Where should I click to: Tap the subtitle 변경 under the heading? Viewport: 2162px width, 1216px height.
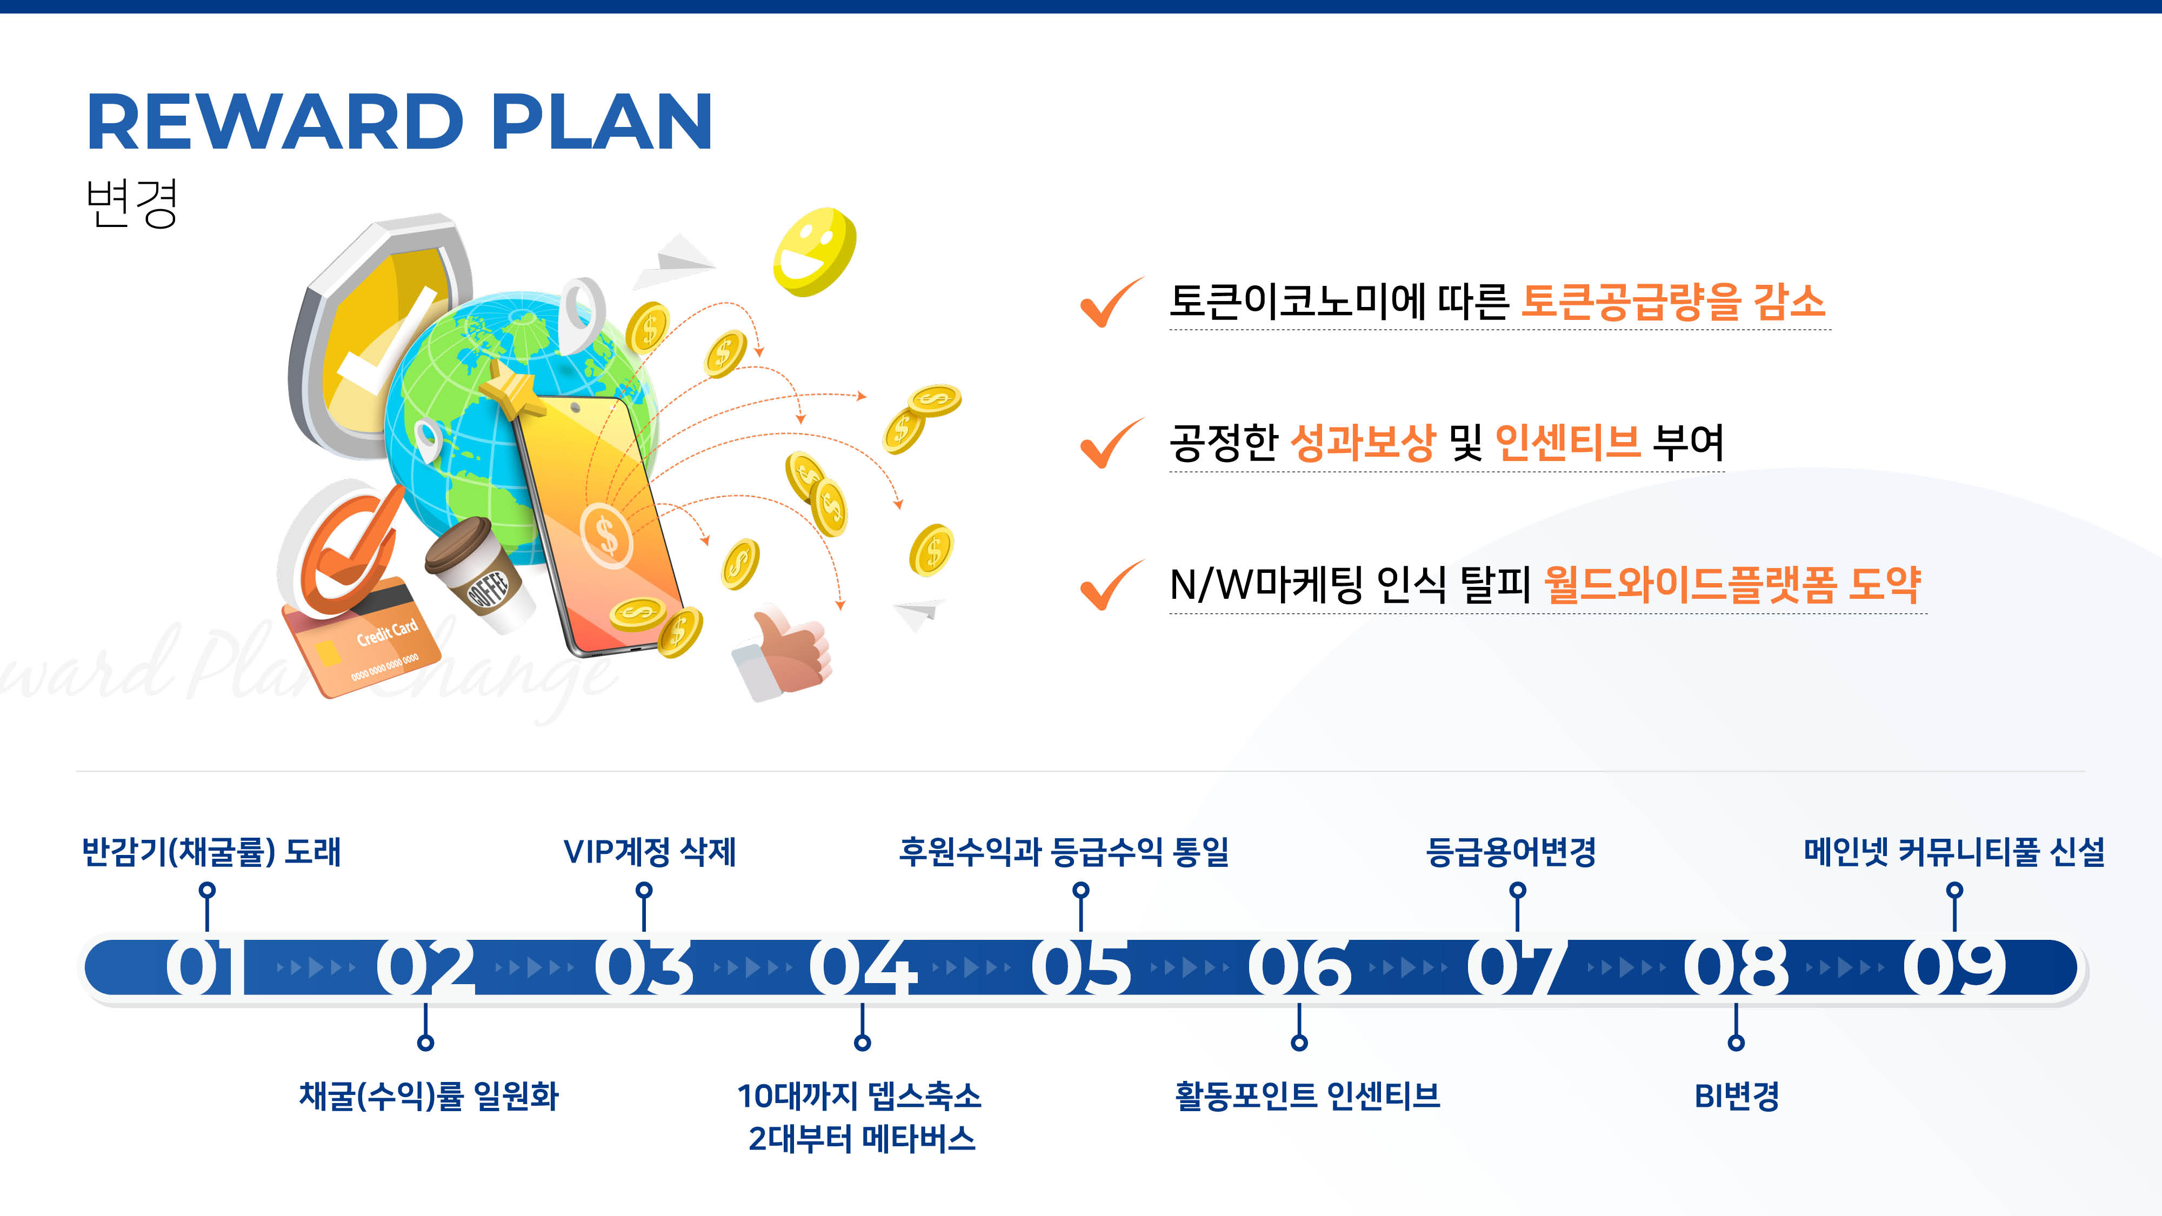click(x=132, y=203)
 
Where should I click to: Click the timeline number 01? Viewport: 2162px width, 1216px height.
click(x=202, y=967)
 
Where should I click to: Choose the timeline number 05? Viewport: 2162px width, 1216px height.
click(x=1081, y=967)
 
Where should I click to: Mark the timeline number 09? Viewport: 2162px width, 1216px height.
click(x=1954, y=967)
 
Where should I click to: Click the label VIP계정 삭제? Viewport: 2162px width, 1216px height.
click(x=650, y=852)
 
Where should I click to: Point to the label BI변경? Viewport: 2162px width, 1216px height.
click(x=1737, y=1096)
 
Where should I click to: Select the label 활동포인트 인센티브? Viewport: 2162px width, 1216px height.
click(x=1307, y=1096)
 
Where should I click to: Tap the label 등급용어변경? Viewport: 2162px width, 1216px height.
click(x=1511, y=852)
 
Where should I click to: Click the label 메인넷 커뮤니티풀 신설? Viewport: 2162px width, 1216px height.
click(x=1954, y=852)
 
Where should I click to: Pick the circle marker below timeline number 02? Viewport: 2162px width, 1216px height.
click(x=425, y=1043)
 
